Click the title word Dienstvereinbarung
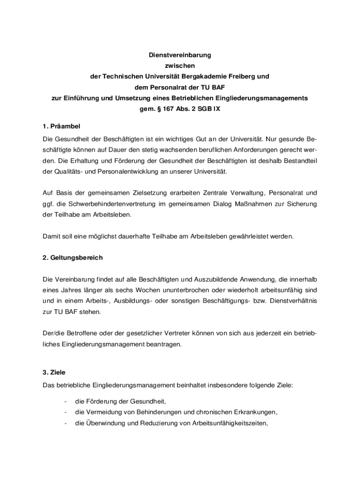coord(180,55)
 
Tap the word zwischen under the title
coord(180,65)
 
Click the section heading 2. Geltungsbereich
coord(72,258)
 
